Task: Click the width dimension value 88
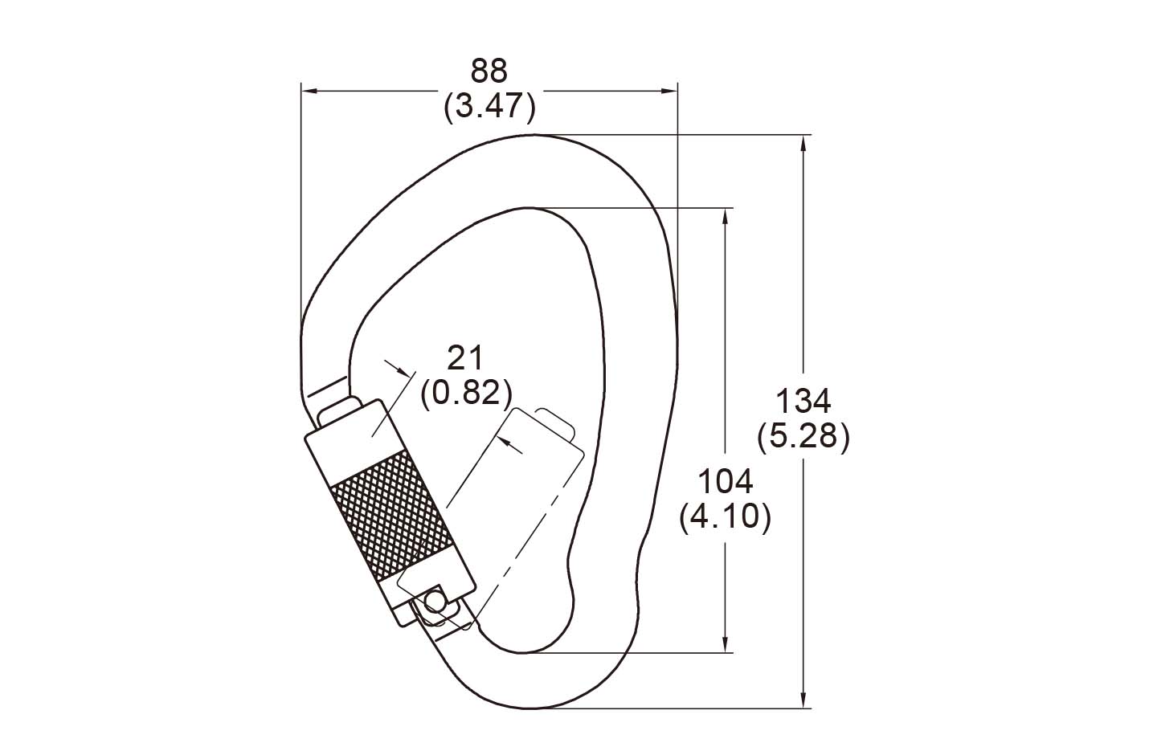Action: click(x=489, y=71)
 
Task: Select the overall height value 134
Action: click(x=803, y=401)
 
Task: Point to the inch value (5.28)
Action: click(x=803, y=437)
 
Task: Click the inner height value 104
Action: click(x=726, y=481)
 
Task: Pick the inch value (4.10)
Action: click(x=726, y=517)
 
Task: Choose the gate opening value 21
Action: click(x=464, y=357)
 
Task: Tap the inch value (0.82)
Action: click(x=466, y=394)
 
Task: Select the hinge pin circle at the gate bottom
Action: click(x=435, y=599)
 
